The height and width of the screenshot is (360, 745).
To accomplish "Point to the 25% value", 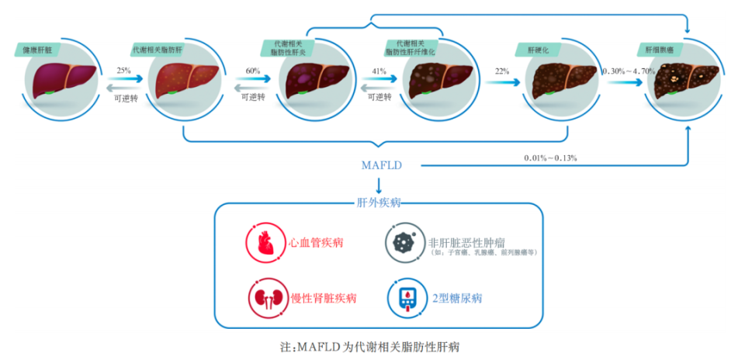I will (123, 71).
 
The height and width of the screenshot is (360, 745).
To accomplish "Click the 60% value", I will (252, 71).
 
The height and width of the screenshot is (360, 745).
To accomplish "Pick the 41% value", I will (379, 71).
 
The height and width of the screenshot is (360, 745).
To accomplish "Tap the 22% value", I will (501, 71).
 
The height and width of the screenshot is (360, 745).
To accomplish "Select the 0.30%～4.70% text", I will (629, 71).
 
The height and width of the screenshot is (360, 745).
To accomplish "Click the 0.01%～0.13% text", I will (549, 157).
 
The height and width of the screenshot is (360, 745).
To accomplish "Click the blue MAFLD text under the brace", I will (381, 165).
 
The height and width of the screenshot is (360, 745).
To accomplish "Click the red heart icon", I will (265, 243).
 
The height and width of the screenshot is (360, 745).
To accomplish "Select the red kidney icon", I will (265, 298).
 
